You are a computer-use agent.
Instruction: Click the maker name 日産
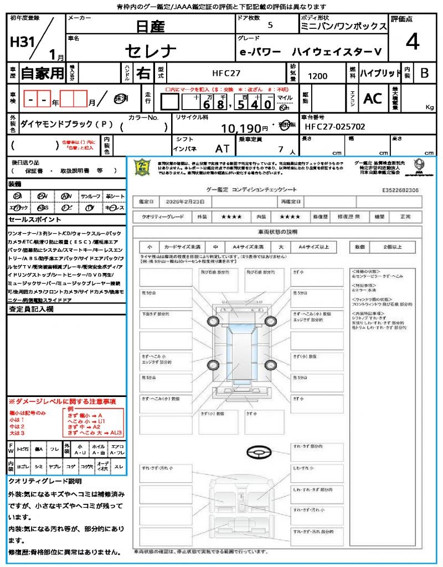click(151, 26)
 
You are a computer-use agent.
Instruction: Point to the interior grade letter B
click(424, 73)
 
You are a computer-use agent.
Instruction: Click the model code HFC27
click(226, 73)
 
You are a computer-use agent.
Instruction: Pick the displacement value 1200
click(317, 76)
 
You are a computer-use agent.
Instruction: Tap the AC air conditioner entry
click(373, 99)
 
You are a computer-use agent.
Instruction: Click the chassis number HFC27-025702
click(335, 127)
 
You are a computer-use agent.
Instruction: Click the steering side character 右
click(143, 73)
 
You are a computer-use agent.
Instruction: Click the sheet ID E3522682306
click(400, 189)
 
